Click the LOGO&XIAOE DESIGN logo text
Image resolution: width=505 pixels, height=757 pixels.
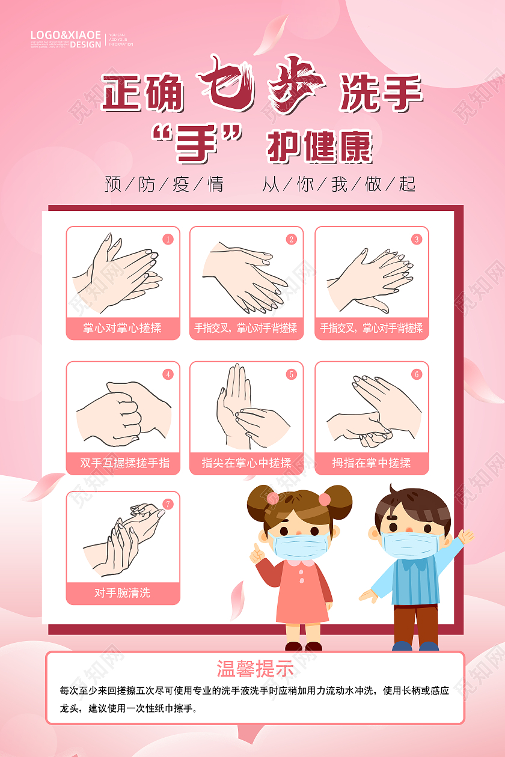click(66, 39)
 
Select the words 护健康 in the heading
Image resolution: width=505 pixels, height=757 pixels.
click(319, 145)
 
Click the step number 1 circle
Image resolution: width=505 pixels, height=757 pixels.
click(168, 239)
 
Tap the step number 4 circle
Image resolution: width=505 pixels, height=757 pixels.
click(168, 374)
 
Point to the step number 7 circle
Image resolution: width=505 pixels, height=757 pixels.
click(168, 504)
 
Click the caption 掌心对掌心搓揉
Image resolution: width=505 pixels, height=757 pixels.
click(123, 328)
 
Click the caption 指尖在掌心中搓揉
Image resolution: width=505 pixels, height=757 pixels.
click(246, 463)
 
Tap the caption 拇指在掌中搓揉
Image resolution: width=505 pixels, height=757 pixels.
click(372, 463)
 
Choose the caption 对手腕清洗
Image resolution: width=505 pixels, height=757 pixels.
click(123, 593)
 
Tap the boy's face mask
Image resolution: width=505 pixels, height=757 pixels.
click(411, 543)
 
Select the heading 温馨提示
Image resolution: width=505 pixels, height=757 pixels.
click(255, 669)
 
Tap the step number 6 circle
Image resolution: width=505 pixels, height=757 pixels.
click(417, 374)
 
